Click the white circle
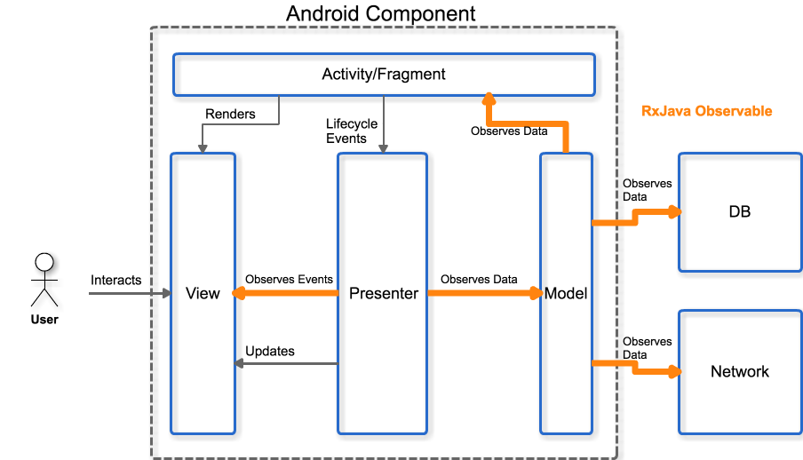tap(44, 262)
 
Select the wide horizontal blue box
tap(384, 75)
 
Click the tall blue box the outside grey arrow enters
tap(203, 293)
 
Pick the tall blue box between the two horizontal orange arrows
tap(382, 293)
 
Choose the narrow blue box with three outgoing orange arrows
tap(566, 293)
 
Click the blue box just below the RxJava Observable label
tap(740, 211)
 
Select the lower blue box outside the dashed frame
tap(740, 371)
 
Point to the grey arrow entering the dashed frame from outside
tap(129, 293)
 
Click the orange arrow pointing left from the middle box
tap(284, 292)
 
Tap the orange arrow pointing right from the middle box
tap(484, 292)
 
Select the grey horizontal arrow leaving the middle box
tap(284, 363)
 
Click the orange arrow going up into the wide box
tap(528, 123)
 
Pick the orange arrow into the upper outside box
tap(635, 216)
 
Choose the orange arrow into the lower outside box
tap(635, 366)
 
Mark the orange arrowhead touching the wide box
tap(489, 98)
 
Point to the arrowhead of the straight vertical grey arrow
tap(384, 149)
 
